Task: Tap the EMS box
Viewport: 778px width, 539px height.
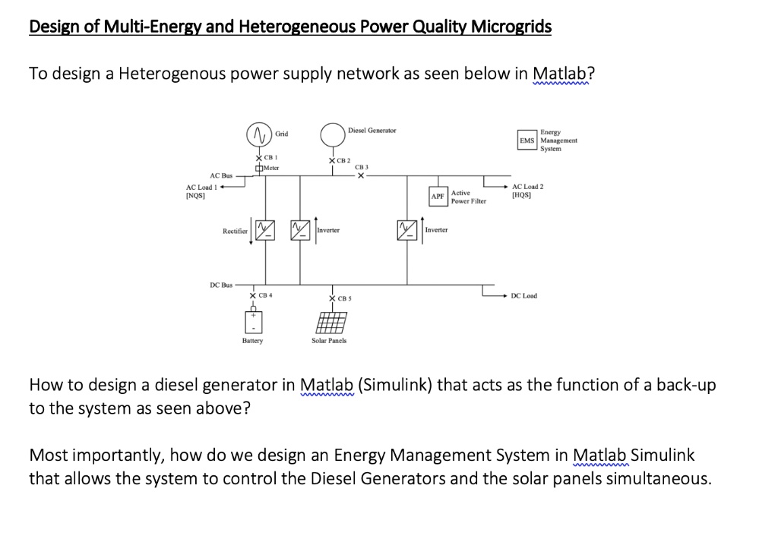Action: coord(527,140)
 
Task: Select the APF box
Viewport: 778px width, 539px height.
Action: coord(438,197)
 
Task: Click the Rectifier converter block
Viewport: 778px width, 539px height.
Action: coord(264,229)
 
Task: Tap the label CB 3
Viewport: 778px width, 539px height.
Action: coord(362,167)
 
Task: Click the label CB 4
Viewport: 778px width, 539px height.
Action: coord(266,295)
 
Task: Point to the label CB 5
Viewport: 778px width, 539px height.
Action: coord(343,298)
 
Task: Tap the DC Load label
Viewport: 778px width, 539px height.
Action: coord(524,295)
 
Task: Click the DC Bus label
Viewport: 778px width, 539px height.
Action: coord(221,285)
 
